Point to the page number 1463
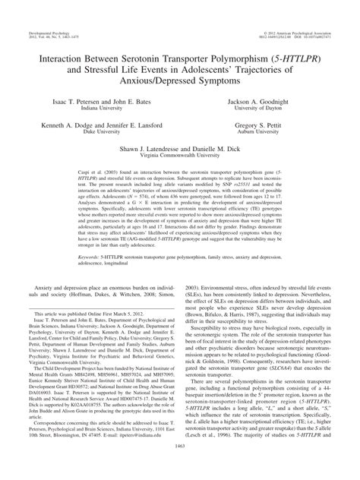pos(180,472)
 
